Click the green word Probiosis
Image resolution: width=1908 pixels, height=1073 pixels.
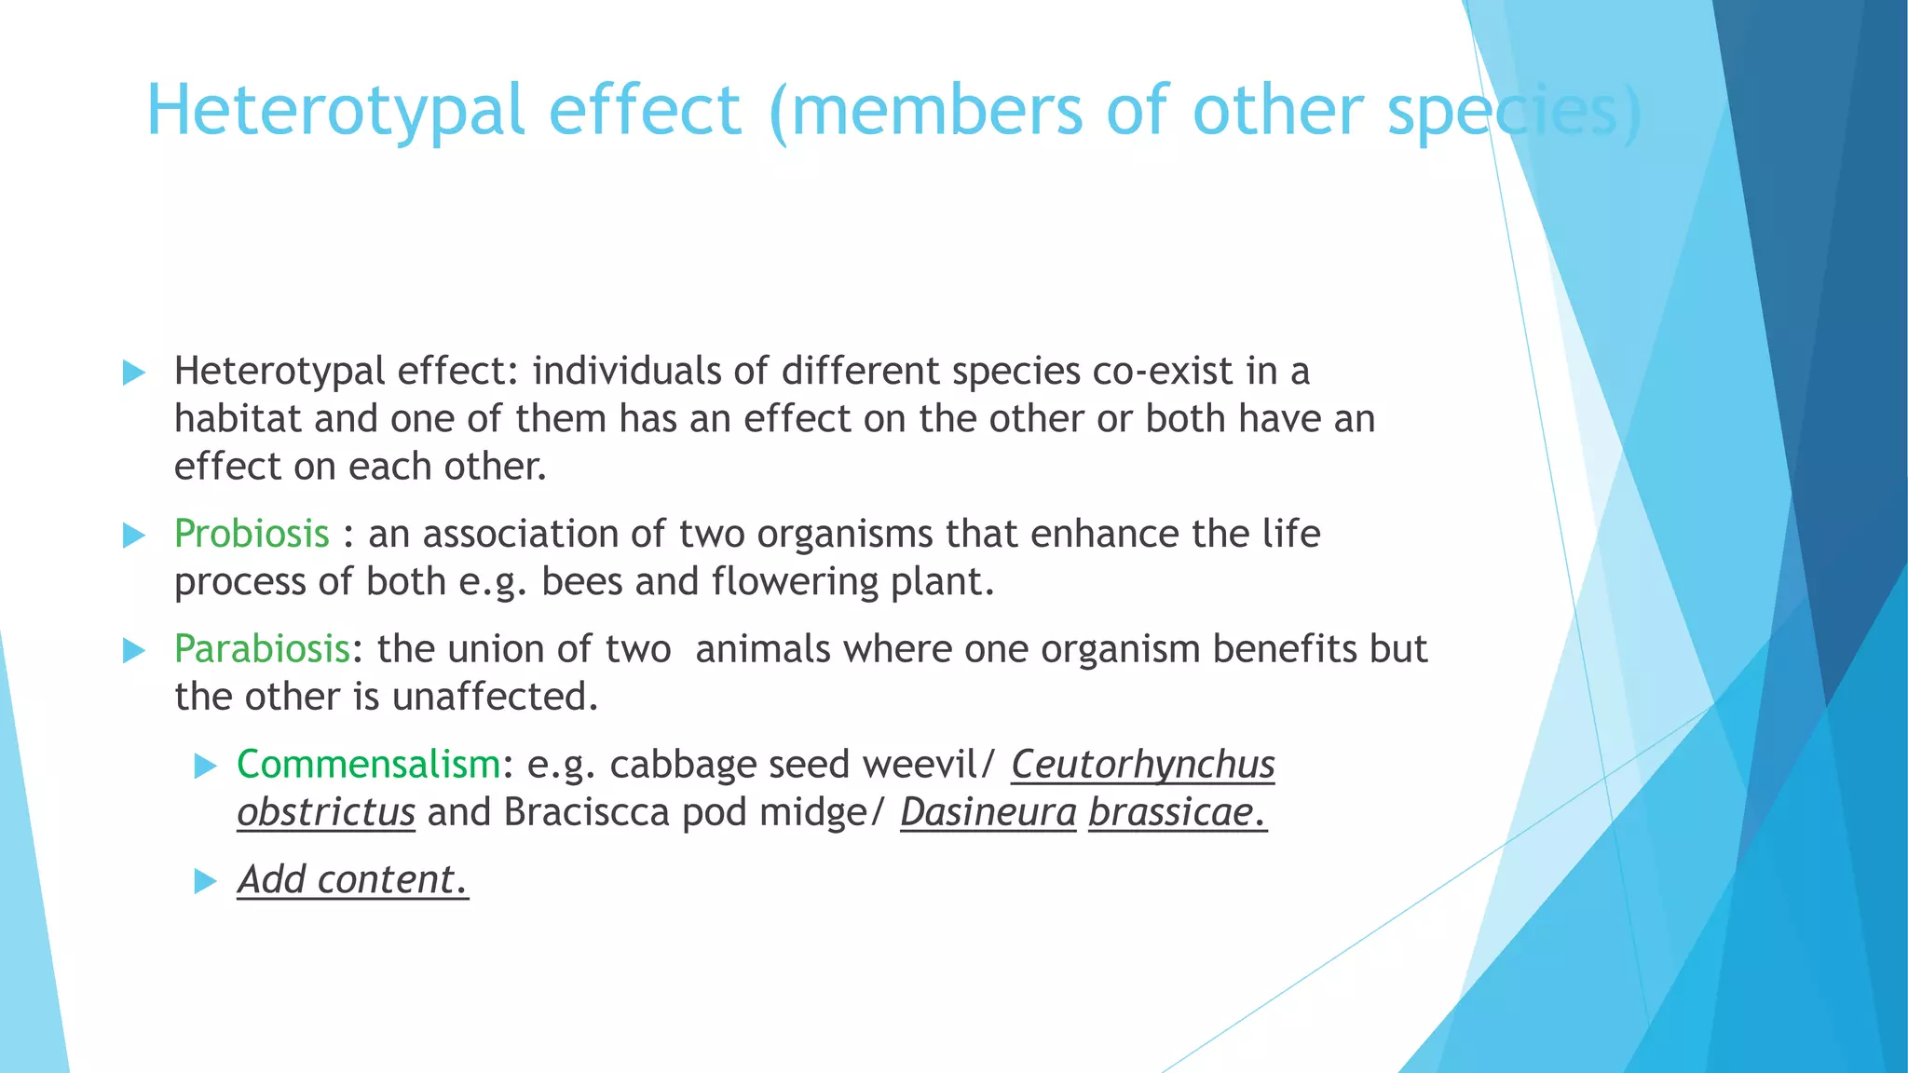252,534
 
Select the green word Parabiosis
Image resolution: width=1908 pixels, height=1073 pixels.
262,649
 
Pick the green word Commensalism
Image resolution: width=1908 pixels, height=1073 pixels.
369,765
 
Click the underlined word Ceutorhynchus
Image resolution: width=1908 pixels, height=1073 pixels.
1142,765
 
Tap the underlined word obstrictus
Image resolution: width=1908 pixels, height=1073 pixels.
325,812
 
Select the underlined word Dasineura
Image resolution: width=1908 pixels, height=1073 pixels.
988,812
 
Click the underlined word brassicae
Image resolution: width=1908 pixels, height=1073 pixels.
1177,812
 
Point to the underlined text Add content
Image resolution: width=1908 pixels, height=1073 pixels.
352,880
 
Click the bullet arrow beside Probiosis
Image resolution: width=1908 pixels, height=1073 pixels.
134,536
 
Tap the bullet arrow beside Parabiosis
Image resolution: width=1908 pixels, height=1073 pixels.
134,651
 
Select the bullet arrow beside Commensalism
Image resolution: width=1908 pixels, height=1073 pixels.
205,767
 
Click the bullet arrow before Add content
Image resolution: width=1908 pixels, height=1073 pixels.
205,881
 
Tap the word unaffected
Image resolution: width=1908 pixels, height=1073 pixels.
494,697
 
